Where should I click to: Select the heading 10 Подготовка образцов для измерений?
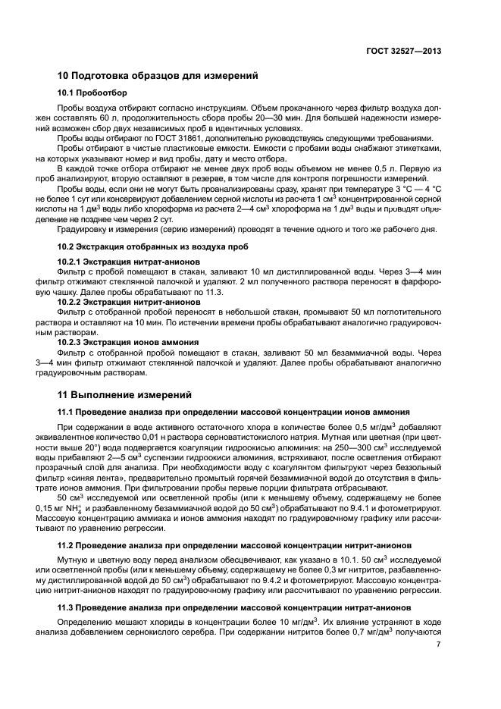[x=158, y=76]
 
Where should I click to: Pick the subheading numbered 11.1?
[x=234, y=413]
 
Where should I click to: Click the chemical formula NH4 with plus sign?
[x=72, y=509]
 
